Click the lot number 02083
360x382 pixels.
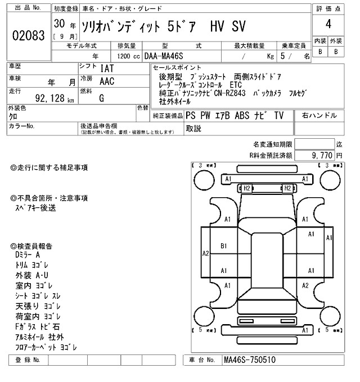[x=28, y=35]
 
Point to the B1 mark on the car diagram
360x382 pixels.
[x=223, y=245]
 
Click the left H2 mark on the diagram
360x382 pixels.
[x=246, y=188]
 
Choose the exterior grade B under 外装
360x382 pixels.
[x=336, y=52]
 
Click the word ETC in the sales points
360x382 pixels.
[x=236, y=84]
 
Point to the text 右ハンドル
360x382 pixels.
[x=319, y=116]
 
